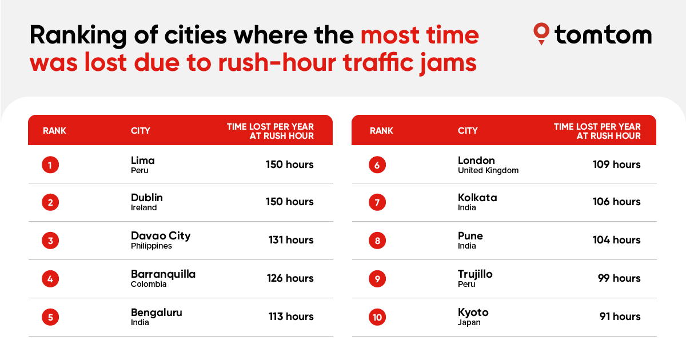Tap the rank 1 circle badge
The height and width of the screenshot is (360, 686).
click(50, 165)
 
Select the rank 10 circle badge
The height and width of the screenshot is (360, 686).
click(377, 317)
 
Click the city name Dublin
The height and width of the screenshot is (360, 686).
click(147, 198)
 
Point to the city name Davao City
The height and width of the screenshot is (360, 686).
click(161, 236)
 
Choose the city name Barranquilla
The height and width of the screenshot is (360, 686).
click(163, 274)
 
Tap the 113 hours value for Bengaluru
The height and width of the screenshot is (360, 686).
click(291, 317)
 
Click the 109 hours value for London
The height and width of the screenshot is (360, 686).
click(616, 165)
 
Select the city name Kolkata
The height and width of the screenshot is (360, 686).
click(477, 198)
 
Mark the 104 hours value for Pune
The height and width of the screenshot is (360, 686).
click(616, 240)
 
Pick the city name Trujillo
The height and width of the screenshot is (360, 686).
click(475, 274)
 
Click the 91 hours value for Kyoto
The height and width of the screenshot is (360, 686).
click(620, 317)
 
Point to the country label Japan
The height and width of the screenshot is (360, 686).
click(469, 322)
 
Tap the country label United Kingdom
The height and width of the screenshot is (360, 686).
click(488, 170)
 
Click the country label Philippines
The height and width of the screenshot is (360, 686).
click(151, 246)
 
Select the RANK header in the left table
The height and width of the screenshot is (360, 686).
click(54, 131)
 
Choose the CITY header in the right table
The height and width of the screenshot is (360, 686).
click(468, 131)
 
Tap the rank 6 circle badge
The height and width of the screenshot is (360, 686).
click(377, 165)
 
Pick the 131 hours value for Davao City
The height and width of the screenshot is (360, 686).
click(291, 240)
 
